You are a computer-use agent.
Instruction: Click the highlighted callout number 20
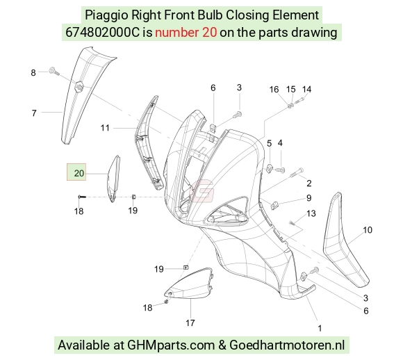79,173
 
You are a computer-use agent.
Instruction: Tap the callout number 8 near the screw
33,73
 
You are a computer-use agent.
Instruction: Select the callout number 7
34,113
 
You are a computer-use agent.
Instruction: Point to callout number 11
105,128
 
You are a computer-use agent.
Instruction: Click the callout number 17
190,322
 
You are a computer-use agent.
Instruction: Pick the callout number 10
368,230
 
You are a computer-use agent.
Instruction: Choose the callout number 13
311,213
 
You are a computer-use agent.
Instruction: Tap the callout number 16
274,90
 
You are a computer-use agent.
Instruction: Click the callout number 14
306,90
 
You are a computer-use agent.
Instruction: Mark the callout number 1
320,328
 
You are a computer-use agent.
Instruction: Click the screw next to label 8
54,71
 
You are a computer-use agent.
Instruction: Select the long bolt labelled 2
297,172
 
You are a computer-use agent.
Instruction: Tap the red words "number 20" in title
186,33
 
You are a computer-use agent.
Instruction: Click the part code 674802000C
102,33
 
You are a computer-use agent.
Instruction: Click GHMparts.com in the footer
171,345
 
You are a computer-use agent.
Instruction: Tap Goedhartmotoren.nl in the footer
287,345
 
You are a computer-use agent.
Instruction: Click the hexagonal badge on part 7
79,85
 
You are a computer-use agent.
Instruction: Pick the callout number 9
309,198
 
